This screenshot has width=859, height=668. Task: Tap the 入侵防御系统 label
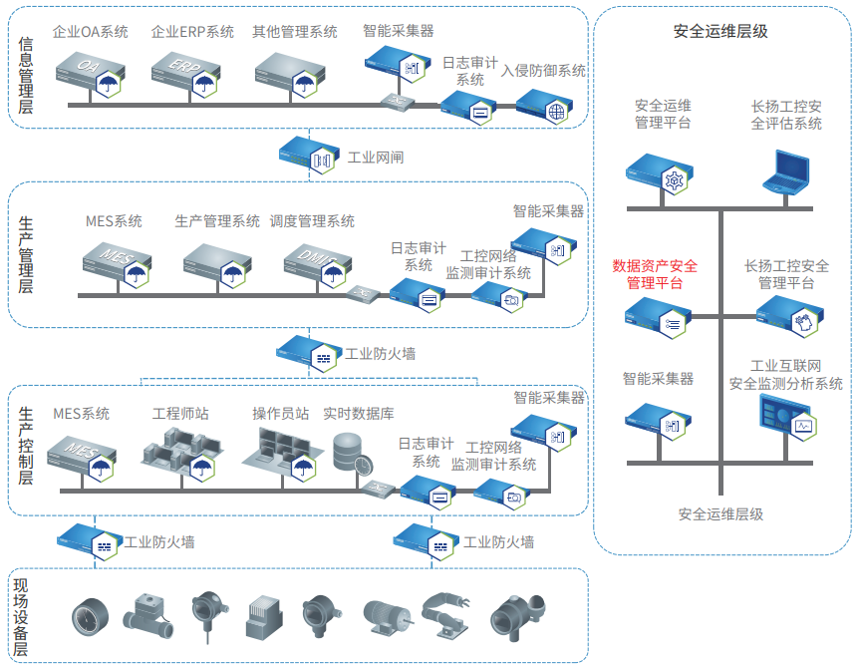(x=544, y=71)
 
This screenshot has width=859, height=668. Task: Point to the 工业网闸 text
(x=375, y=158)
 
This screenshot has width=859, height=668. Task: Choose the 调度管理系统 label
(x=312, y=221)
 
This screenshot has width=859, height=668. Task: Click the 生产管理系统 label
(x=217, y=221)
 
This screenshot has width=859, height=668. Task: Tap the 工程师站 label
(x=180, y=414)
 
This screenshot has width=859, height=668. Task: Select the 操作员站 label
(x=280, y=414)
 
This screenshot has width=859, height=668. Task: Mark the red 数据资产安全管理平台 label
(x=655, y=274)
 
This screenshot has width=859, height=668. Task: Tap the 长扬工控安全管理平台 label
(x=786, y=274)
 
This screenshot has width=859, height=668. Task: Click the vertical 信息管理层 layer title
(x=26, y=75)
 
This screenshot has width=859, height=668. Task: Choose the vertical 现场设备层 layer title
(x=21, y=616)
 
